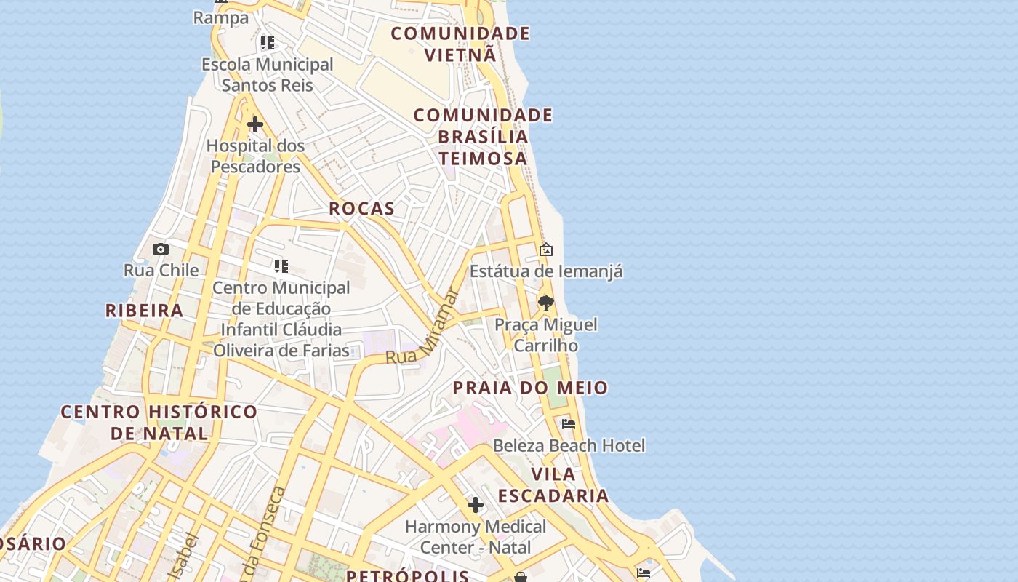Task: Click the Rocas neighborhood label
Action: tap(361, 209)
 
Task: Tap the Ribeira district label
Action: tap(144, 311)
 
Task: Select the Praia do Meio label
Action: tap(530, 388)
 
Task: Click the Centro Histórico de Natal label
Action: tap(159, 423)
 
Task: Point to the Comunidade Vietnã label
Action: tap(460, 44)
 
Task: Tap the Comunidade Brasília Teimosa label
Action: tap(483, 137)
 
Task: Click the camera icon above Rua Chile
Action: tap(161, 250)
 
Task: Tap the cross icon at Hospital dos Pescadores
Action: tap(254, 125)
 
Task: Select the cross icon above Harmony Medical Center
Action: tap(475, 504)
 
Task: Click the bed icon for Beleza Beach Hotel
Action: tap(569, 423)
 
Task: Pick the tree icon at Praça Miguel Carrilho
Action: tap(546, 303)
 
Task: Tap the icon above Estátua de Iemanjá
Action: tap(546, 250)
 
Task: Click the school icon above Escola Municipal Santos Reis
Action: tap(268, 43)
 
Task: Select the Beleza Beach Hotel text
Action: tap(569, 445)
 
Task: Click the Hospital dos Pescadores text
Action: tap(255, 156)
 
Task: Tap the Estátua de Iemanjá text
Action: tap(546, 271)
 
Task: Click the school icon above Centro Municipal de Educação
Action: tap(281, 266)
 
